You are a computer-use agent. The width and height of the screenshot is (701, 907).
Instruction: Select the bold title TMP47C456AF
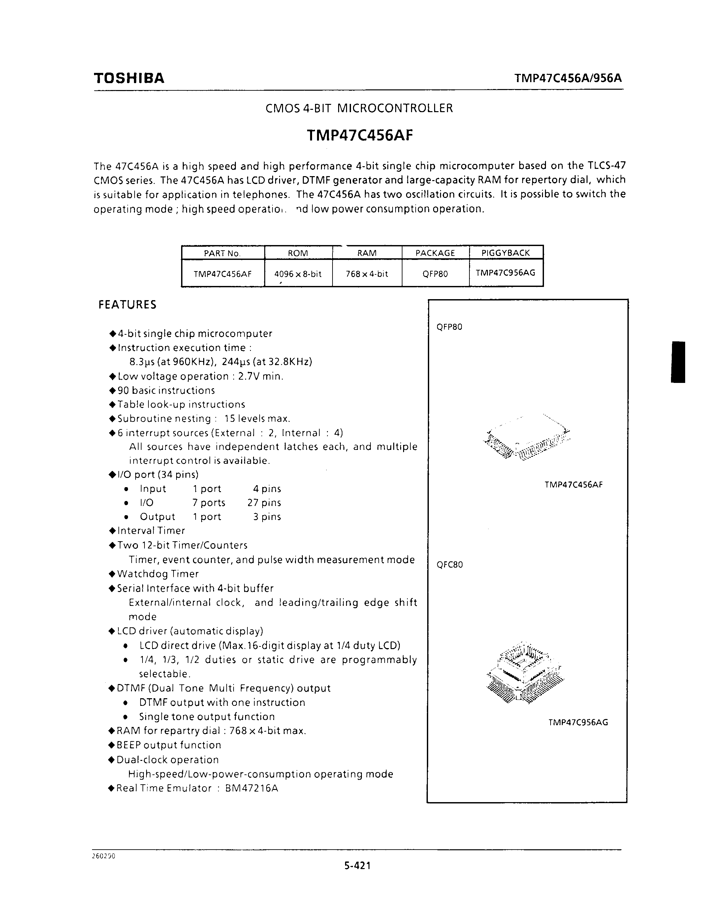(360, 135)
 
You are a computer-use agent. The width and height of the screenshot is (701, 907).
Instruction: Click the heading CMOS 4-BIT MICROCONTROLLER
(359, 109)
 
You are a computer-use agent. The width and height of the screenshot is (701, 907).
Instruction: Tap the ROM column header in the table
(298, 253)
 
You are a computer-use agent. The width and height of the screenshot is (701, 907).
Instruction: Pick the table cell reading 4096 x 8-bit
(298, 274)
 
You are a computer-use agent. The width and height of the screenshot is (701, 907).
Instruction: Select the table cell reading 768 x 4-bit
(367, 274)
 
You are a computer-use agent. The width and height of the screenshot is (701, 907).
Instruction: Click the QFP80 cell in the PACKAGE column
(435, 274)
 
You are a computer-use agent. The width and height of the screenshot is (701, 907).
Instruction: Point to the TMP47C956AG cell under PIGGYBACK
(505, 272)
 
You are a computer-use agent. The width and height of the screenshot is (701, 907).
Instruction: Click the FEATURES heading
(127, 304)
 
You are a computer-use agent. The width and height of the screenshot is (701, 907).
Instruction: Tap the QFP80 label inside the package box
(449, 327)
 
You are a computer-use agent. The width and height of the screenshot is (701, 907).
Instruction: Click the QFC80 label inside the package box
(449, 564)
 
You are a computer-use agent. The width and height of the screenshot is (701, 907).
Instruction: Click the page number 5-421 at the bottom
(357, 865)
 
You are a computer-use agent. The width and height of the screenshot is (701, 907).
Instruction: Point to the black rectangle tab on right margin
(678, 362)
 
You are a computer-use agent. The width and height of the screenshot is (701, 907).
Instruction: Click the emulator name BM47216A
(251, 788)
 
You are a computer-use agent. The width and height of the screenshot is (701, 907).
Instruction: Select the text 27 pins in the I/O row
(264, 503)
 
